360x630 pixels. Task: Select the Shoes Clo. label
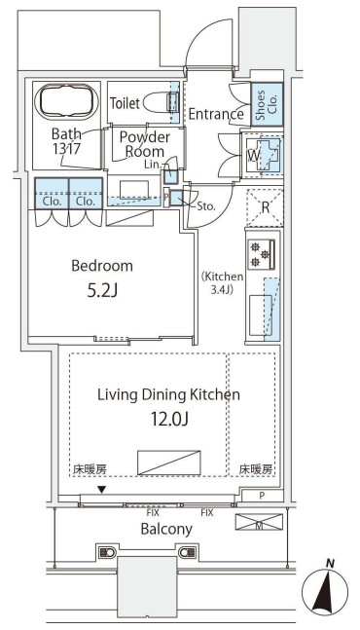267,104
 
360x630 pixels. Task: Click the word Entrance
216,114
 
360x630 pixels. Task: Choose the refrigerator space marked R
265,207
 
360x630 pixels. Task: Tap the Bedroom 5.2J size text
102,291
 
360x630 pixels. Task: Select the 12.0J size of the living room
169,419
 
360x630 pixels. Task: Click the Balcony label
166,529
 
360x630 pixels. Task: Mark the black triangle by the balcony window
103,490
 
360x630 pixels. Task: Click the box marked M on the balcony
259,522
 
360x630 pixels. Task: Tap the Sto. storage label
206,207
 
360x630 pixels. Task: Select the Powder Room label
142,144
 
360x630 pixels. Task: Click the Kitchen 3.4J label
223,282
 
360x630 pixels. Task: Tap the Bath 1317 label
66,141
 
